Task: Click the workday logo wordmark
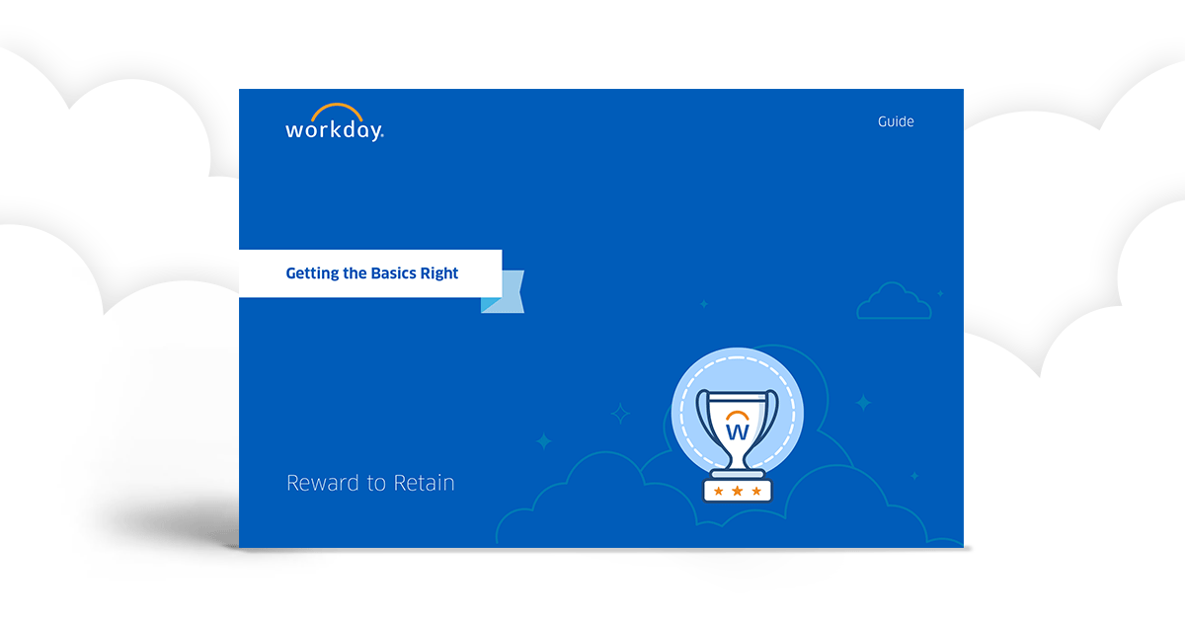pyautogui.click(x=334, y=130)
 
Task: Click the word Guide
pyautogui.click(x=896, y=122)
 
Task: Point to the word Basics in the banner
pyautogui.click(x=393, y=273)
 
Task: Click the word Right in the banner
pyautogui.click(x=439, y=273)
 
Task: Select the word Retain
pyautogui.click(x=425, y=484)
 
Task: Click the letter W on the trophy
pyautogui.click(x=737, y=431)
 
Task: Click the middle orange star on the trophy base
pyautogui.click(x=738, y=491)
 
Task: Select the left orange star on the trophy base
pyautogui.click(x=718, y=491)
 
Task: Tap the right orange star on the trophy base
pyautogui.click(x=756, y=491)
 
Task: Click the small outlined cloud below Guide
pyautogui.click(x=894, y=302)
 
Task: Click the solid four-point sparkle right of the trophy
pyautogui.click(x=863, y=403)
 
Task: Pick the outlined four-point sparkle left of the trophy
pyautogui.click(x=620, y=414)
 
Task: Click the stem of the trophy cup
pyautogui.click(x=737, y=460)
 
